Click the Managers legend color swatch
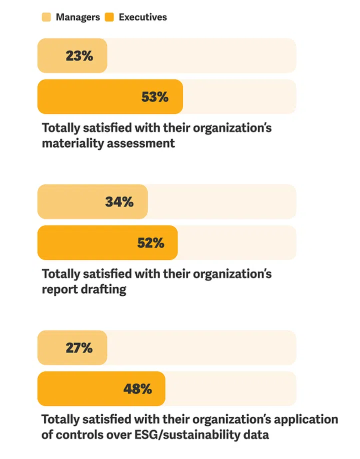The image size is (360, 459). point(46,17)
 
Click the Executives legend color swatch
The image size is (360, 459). point(109,17)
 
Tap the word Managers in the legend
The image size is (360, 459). point(78,17)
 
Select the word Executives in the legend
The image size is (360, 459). point(143,17)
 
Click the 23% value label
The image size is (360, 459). point(79,55)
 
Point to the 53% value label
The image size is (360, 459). point(155,97)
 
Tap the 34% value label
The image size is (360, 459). point(119,201)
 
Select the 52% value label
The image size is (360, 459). point(150,243)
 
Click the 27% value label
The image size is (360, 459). point(79,347)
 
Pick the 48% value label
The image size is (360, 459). point(137,389)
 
